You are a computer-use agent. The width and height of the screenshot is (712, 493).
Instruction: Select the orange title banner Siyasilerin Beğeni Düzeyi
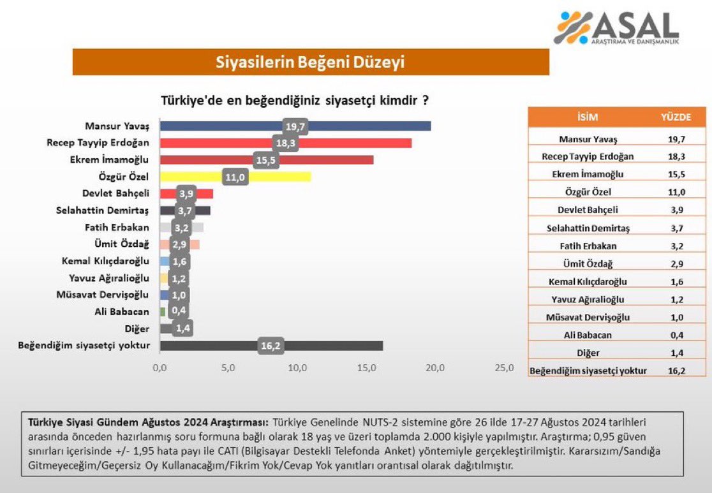pos(310,63)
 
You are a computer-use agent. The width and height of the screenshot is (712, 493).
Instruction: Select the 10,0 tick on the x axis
pos(297,368)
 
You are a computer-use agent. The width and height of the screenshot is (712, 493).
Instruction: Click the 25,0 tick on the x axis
pos(503,368)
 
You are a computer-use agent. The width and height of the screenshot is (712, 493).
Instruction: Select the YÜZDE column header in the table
pos(675,117)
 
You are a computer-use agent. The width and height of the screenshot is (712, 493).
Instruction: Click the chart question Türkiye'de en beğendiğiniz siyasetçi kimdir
pos(294,101)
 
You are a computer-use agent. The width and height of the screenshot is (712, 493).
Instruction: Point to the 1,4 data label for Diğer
pos(182,328)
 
